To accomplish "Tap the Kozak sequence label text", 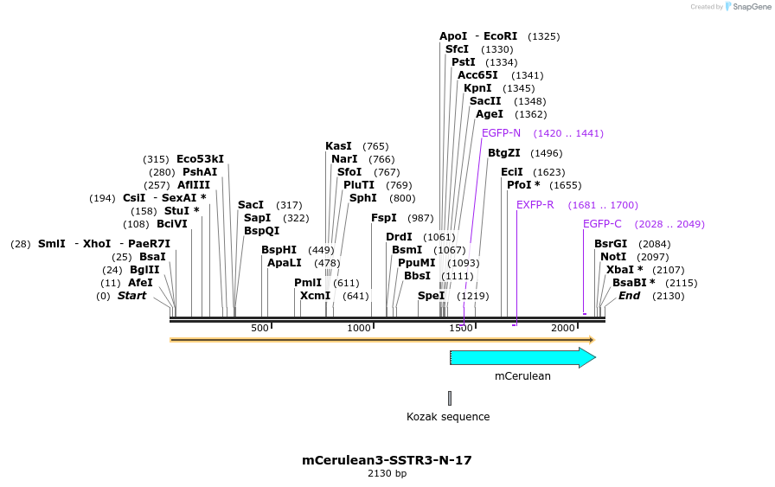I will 448,417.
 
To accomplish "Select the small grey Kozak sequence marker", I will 450,398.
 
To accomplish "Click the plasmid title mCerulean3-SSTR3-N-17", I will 387,460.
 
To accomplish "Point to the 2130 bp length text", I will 387,474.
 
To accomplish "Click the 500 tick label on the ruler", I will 259,328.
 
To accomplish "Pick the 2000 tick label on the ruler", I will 563,328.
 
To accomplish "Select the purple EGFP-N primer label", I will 501,133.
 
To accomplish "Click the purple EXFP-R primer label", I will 535,205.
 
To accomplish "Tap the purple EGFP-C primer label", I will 602,224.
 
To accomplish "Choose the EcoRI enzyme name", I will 500,36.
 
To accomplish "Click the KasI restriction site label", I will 338,146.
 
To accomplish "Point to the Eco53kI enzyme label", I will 200,159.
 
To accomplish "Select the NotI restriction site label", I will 613,257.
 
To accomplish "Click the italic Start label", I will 132,296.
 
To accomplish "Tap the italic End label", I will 629,296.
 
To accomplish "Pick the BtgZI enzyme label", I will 503,153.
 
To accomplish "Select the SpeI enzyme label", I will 431,296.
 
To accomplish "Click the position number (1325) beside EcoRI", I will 543,36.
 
